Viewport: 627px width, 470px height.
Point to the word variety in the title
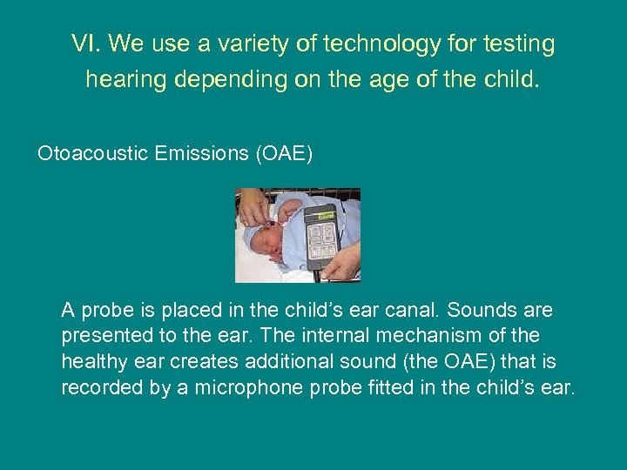point(234,44)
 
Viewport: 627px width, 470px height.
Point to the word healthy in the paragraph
point(92,361)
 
